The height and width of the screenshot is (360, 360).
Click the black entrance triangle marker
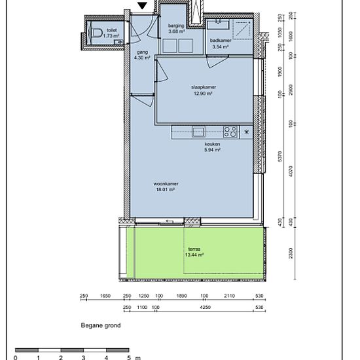142,5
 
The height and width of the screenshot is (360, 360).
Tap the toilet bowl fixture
97,33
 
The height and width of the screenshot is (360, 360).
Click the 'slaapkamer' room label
204,87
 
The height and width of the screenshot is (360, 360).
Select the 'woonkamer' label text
166,184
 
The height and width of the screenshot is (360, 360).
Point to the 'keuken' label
212,144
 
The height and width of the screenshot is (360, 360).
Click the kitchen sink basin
199,132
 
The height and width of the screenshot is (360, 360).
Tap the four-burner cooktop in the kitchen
230,132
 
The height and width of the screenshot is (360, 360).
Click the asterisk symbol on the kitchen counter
246,132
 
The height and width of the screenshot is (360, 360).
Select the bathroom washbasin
218,25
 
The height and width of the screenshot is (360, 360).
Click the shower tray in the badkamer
242,29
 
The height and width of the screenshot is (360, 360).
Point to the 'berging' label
176,26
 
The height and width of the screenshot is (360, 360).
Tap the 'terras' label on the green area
194,249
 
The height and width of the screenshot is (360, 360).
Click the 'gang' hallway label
142,52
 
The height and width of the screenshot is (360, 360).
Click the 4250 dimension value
205,307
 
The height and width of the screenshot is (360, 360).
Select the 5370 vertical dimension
279,156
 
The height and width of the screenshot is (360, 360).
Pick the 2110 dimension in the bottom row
229,296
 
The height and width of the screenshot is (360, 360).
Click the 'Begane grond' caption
101,325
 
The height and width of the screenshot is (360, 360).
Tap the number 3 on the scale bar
83,357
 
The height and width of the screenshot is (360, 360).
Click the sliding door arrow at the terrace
170,221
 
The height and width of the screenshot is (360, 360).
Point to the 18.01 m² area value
166,190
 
